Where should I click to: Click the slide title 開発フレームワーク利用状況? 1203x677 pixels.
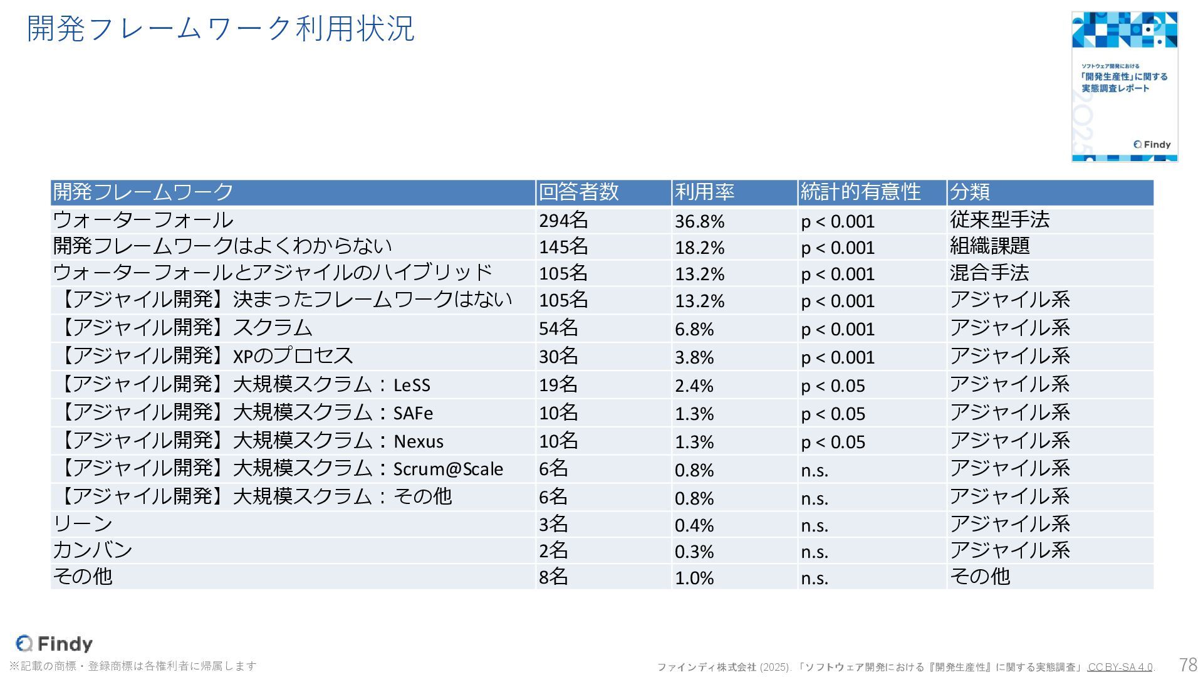pyautogui.click(x=221, y=29)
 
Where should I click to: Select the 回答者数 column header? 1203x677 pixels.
pyautogui.click(x=578, y=192)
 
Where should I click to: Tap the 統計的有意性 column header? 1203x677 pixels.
pyautogui.click(x=860, y=192)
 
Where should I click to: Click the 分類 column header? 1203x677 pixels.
pyautogui.click(x=969, y=192)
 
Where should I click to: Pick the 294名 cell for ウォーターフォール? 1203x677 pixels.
pyautogui.click(x=563, y=221)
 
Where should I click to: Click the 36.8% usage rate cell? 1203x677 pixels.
pyautogui.click(x=699, y=221)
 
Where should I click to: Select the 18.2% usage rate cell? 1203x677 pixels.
pyautogui.click(x=699, y=248)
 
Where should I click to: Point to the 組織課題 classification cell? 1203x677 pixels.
pyautogui.click(x=989, y=246)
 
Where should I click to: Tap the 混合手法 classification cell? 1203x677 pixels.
pyautogui.click(x=989, y=273)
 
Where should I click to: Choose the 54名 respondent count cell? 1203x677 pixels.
pyautogui.click(x=558, y=328)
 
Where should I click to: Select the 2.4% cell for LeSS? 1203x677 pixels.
pyautogui.click(x=694, y=386)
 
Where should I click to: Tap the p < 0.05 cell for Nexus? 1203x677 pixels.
pyautogui.click(x=833, y=442)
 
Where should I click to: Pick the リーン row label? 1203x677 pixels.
pyautogui.click(x=83, y=524)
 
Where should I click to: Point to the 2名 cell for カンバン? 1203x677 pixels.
pyautogui.click(x=553, y=551)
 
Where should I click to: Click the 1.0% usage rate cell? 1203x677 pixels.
pyautogui.click(x=694, y=578)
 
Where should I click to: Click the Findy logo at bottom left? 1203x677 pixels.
pyautogui.click(x=55, y=644)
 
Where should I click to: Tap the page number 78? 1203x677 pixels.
pyautogui.click(x=1187, y=664)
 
